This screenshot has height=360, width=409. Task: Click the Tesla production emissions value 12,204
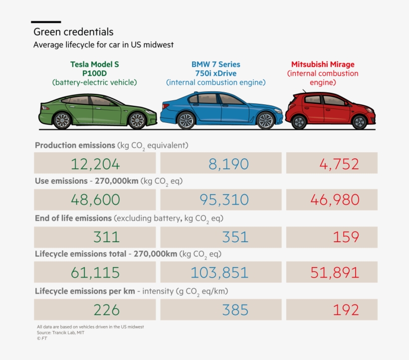pyautogui.click(x=95, y=164)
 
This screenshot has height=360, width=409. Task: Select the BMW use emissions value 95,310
pyautogui.click(x=224, y=200)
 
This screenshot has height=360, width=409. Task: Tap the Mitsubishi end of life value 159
pyautogui.click(x=346, y=236)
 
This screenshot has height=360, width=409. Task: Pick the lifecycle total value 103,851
pyautogui.click(x=219, y=273)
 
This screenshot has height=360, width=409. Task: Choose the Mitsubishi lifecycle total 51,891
pyautogui.click(x=335, y=273)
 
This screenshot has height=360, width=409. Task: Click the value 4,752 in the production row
pyautogui.click(x=341, y=164)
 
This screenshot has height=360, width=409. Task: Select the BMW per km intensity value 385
pyautogui.click(x=235, y=310)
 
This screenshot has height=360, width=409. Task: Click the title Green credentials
pyautogui.click(x=73, y=32)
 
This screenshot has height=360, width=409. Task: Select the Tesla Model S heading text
pyautogui.click(x=94, y=64)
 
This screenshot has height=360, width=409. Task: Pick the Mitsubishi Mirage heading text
pyautogui.click(x=323, y=64)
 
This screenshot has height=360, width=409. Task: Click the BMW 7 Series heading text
pyautogui.click(x=215, y=64)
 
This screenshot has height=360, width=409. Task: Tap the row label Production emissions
pyautogui.click(x=75, y=145)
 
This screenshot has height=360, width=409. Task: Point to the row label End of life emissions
pyautogui.click(x=73, y=218)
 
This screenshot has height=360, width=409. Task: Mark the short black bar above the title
pyautogui.click(x=46, y=22)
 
